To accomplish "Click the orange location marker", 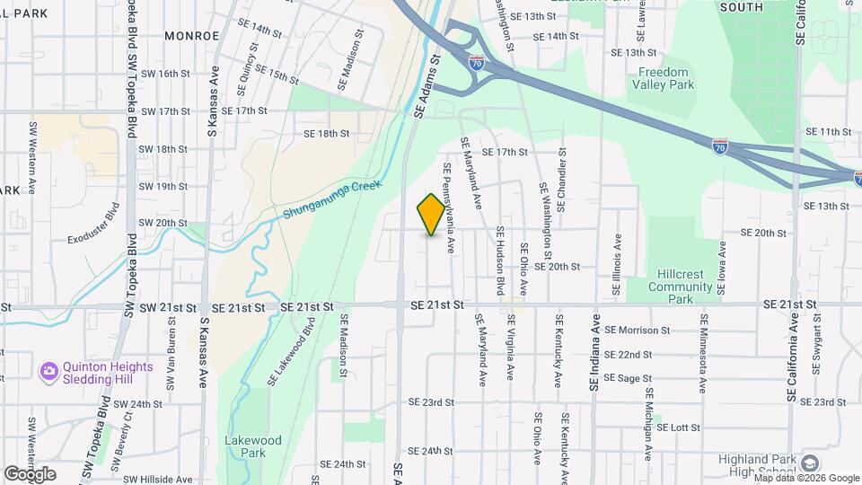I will pyautogui.click(x=431, y=214).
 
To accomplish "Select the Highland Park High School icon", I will pyautogui.click(x=810, y=463).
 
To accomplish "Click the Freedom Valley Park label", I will pyautogui.click(x=663, y=78).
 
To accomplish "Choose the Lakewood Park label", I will pyautogui.click(x=253, y=446).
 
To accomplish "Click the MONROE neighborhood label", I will pyautogui.click(x=192, y=35).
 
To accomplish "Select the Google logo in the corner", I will pyautogui.click(x=30, y=474).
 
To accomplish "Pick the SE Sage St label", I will pyautogui.click(x=628, y=378).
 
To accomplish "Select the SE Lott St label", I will pyautogui.click(x=678, y=428).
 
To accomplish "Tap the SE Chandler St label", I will pyautogui.click(x=562, y=180).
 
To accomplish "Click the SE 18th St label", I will pyautogui.click(x=326, y=134).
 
